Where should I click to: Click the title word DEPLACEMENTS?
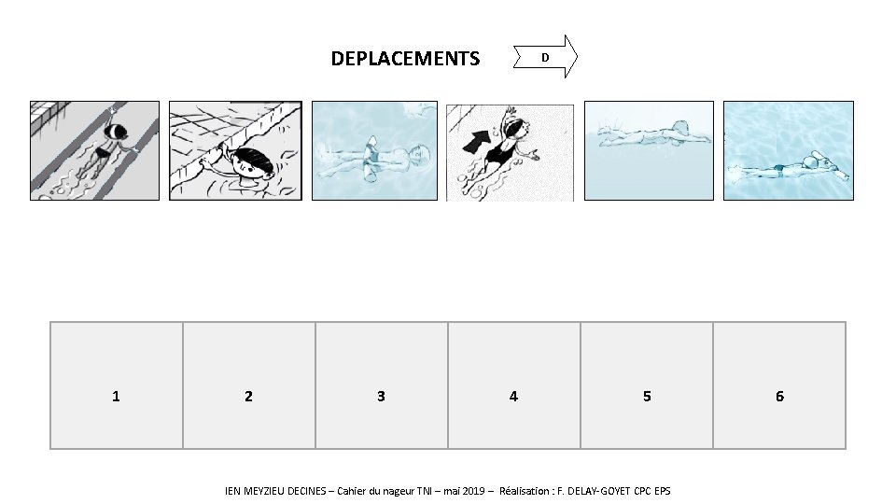405,60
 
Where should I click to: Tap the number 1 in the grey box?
116,396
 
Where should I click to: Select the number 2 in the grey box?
248,396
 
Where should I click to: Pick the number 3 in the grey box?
381,396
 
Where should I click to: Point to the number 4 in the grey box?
513,396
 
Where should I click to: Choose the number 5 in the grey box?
647,396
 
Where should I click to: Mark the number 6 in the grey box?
779,396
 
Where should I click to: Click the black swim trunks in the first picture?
103,152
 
